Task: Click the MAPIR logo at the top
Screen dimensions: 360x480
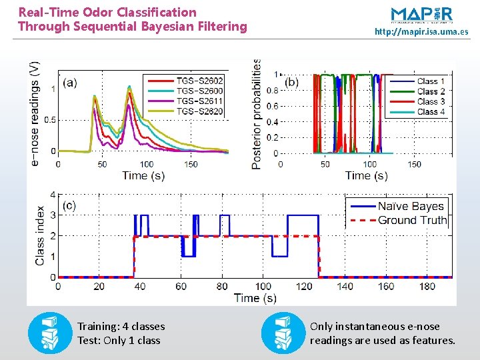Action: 421,14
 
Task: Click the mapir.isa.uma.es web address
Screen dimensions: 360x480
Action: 421,31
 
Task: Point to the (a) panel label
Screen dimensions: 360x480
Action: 70,83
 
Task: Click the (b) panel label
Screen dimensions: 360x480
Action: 292,83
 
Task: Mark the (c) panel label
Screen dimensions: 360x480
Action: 70,205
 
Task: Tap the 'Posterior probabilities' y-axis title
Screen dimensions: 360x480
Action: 257,113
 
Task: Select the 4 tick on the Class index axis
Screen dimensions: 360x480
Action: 52,195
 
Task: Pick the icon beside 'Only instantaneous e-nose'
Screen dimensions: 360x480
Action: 283,333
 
